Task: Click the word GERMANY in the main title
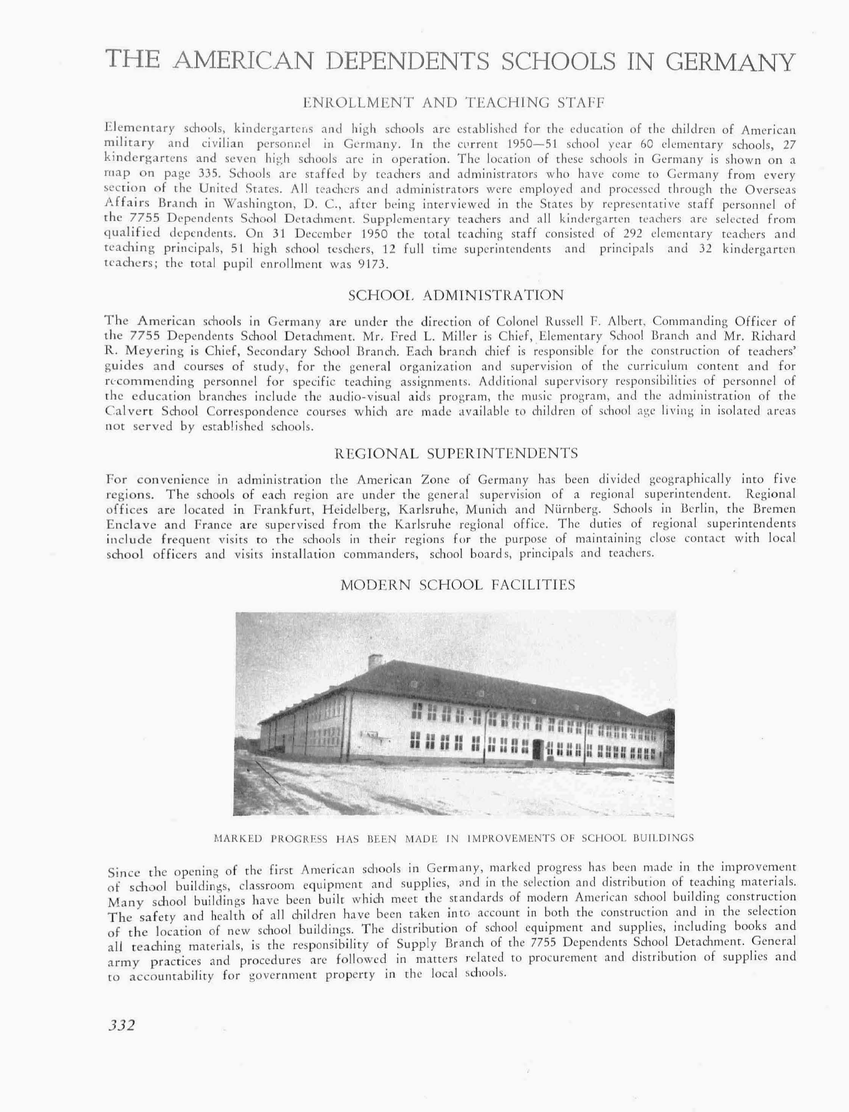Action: pyautogui.click(x=730, y=62)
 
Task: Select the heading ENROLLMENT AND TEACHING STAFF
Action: pyautogui.click(x=453, y=104)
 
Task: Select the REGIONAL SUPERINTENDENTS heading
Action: pyautogui.click(x=456, y=454)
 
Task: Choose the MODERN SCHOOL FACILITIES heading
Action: pyautogui.click(x=457, y=585)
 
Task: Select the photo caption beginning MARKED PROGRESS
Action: pyautogui.click(x=453, y=838)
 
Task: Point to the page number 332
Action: pyautogui.click(x=122, y=1025)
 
